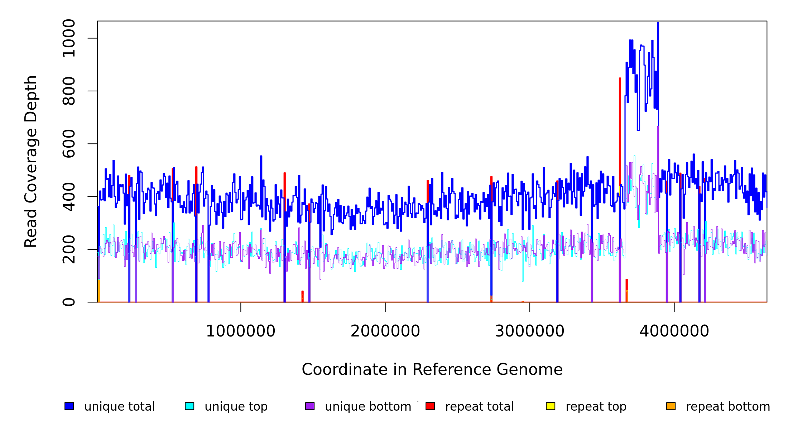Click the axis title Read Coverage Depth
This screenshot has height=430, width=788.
[31, 161]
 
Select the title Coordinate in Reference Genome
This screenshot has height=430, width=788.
[432, 370]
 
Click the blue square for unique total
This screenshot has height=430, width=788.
[69, 406]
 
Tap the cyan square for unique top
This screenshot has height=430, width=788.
[189, 406]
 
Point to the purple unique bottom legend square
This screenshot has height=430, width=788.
[310, 406]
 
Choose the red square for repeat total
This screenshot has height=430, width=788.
[430, 406]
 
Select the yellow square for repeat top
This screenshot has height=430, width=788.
[551, 406]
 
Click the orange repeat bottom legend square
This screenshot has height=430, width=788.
[671, 406]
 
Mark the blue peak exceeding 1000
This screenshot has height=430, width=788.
[658, 24]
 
